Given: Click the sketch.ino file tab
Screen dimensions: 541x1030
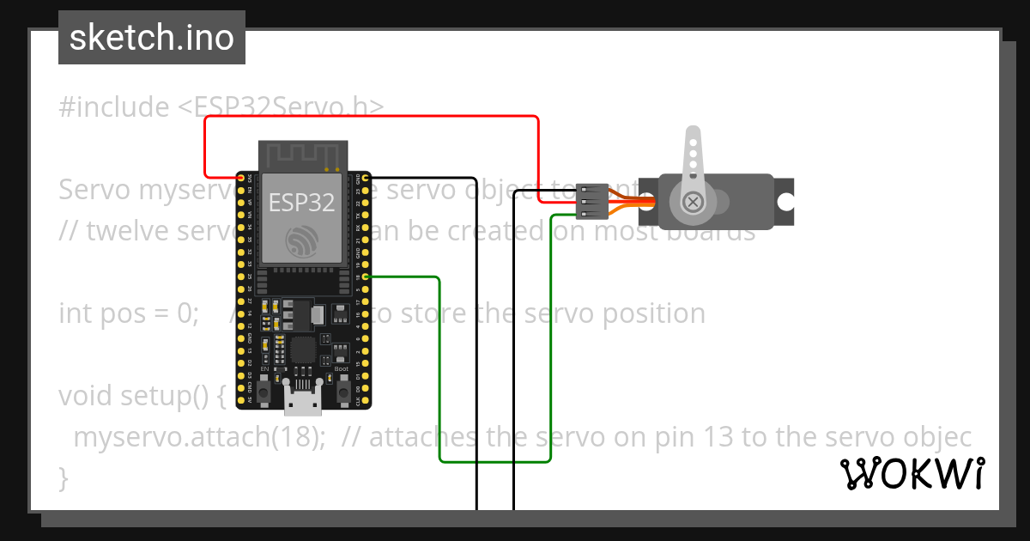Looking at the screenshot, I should tap(152, 38).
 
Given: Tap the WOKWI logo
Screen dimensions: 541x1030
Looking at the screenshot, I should tap(912, 473).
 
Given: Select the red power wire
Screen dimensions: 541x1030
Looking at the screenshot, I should tap(369, 117).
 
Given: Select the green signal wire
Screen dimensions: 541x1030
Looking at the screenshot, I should tap(439, 369).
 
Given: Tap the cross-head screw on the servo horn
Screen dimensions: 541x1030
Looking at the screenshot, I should tap(693, 202).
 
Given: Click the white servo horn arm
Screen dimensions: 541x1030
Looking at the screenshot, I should tap(692, 159).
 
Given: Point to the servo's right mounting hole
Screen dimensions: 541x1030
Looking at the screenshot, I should tap(785, 202).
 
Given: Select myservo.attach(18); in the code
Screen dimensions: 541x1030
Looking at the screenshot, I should tap(199, 437).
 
